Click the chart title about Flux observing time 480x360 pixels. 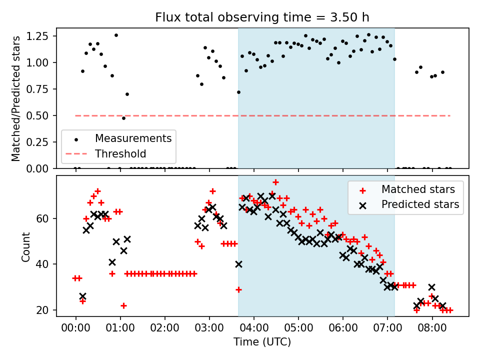coord(262,17)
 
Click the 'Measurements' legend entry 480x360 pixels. coord(133,138)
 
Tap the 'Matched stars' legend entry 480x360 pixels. coord(418,189)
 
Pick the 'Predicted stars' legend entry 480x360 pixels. coord(420,204)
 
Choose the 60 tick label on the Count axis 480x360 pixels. coord(44,218)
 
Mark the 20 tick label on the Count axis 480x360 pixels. coord(44,310)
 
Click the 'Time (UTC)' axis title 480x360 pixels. coord(262,342)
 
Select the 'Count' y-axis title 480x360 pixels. coord(26,246)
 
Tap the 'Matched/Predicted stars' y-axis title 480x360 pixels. coord(16,98)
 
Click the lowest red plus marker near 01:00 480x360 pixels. coord(123,305)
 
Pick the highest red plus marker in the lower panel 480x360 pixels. coord(275,182)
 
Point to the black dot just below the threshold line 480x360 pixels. coord(123,118)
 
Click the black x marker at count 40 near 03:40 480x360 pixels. coord(238,264)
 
